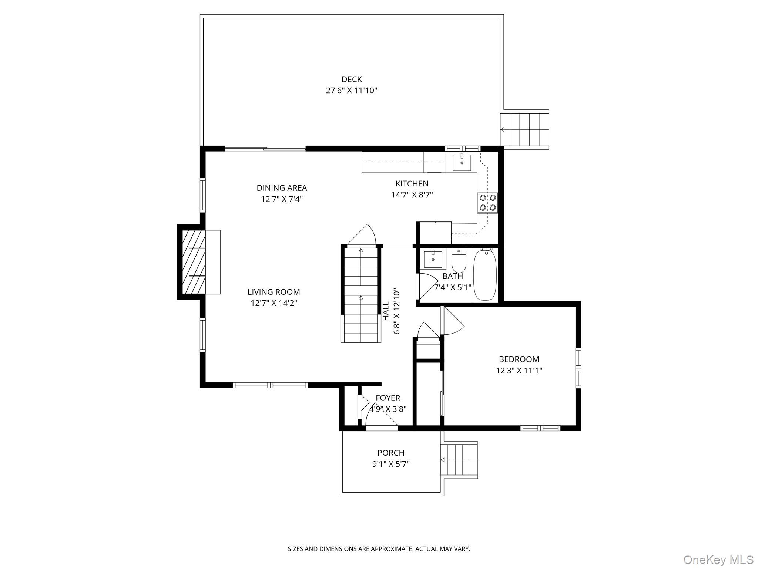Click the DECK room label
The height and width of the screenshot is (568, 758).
coord(351,79)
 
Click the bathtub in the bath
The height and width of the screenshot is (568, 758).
coord(485,275)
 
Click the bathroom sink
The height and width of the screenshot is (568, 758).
coord(433,259)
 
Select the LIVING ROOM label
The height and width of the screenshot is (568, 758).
coord(274,292)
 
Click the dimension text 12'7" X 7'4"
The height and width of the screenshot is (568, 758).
coord(282,199)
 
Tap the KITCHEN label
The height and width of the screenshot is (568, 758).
coord(412,183)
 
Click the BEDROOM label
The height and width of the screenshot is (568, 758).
coord(519,359)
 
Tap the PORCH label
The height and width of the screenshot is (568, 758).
coord(390,453)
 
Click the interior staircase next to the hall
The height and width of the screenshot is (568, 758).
coord(360,294)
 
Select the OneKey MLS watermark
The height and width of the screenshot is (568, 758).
coord(718,559)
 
